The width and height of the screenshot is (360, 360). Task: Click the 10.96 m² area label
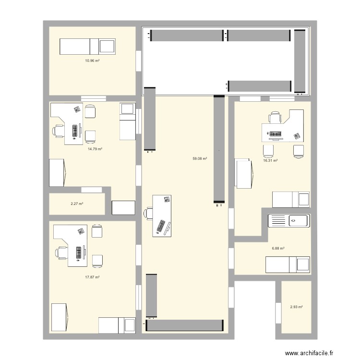pos(92,61)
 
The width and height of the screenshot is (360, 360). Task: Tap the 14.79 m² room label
pos(95,149)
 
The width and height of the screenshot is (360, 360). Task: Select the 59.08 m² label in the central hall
pos(200,158)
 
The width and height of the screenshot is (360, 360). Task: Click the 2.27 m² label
pos(77,204)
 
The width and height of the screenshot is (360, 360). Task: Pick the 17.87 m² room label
pos(93,277)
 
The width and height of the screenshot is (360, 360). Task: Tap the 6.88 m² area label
pos(278,249)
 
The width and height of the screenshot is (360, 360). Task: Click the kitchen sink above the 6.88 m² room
pos(288,221)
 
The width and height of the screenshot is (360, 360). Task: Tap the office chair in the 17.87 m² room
pos(61,252)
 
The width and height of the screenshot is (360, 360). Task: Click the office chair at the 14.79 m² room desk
pos(59,130)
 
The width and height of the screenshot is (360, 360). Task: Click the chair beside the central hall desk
pos(148,213)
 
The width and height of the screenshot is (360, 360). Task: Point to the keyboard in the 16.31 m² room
pos(275,134)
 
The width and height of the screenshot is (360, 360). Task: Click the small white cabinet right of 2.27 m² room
pos(123,207)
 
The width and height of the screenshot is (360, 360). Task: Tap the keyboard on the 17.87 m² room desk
pos(78,252)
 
